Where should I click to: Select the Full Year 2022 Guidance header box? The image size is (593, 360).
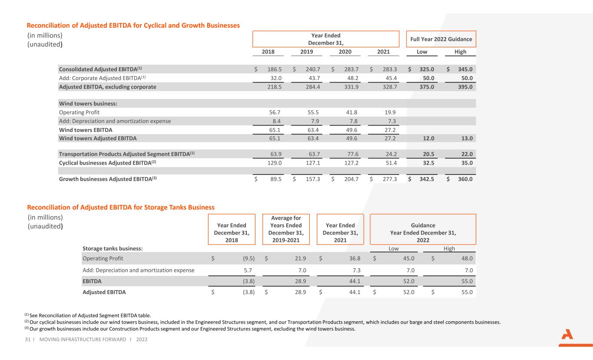tap(441, 39)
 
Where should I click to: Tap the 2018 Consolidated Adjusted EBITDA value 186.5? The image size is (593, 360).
tap(275, 69)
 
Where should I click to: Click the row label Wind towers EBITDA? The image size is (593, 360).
tap(86, 130)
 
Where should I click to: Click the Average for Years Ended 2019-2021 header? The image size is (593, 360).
tap(286, 229)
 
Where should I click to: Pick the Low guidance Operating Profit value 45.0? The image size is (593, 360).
tap(408, 258)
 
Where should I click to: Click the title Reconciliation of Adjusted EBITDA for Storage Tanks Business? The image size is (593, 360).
tap(121, 207)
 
